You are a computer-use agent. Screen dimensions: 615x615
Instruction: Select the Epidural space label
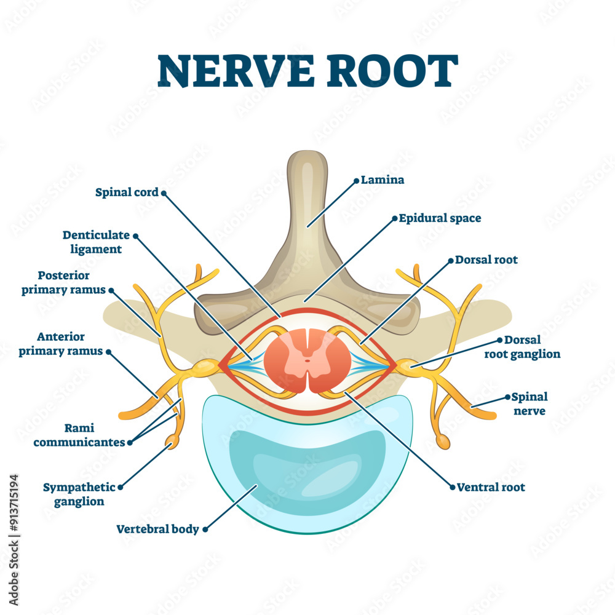[x=440, y=218]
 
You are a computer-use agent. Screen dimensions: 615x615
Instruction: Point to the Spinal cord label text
[x=127, y=192]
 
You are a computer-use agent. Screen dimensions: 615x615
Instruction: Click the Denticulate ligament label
[x=96, y=242]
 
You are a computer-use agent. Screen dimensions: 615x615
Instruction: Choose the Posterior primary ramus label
[x=64, y=282]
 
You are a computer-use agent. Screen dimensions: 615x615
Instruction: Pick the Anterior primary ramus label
[x=61, y=344]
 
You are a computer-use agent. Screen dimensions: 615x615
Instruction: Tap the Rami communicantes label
[x=79, y=435]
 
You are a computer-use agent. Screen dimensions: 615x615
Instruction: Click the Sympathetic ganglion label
[x=79, y=494]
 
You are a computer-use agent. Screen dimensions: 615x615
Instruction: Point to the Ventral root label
[x=491, y=487]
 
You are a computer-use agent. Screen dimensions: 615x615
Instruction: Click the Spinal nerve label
[x=530, y=403]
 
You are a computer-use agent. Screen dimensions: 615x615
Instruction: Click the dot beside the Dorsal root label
[x=450, y=260]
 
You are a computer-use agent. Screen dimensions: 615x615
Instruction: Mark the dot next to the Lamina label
[x=355, y=181]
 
